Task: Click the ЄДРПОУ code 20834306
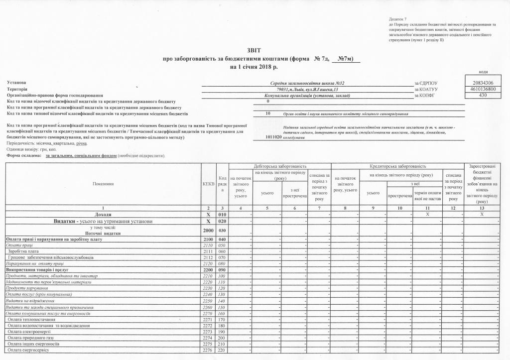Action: pos(482,82)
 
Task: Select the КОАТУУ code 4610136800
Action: pos(482,89)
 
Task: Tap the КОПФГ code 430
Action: pos(482,95)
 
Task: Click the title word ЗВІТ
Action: pos(254,50)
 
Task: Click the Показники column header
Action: pos(103,184)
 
